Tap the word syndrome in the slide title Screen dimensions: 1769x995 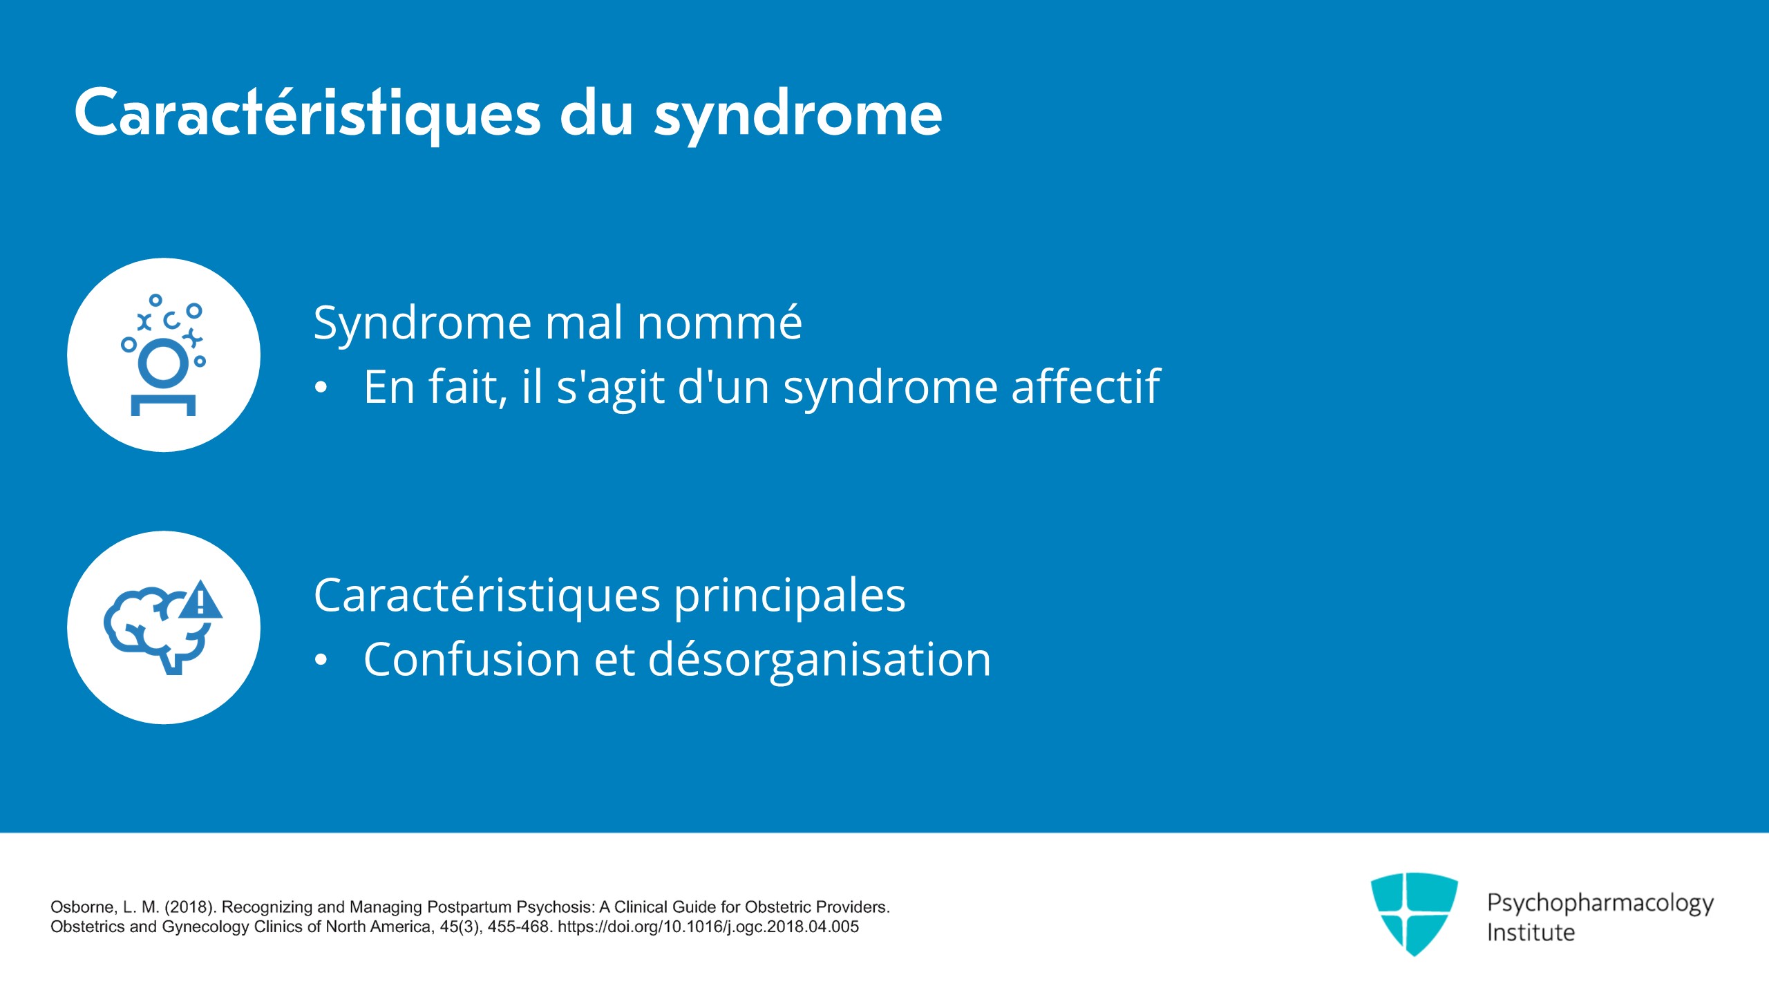coord(798,116)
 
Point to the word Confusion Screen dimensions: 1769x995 coord(472,659)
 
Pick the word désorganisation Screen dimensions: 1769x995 coord(820,659)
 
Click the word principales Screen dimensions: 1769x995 coord(789,597)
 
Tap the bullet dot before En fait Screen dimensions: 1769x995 coord(321,388)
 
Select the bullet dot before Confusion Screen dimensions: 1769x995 coord(321,661)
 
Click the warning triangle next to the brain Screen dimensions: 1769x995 coord(200,599)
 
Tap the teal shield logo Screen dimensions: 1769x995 coord(1414,913)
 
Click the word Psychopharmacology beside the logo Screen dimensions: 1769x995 coord(1600,904)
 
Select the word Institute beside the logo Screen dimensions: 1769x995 coord(1531,933)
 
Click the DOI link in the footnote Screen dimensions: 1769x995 coord(708,927)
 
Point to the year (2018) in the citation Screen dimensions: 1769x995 coord(189,907)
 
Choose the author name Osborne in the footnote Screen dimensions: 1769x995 coord(84,907)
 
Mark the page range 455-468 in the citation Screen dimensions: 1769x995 coord(520,927)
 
